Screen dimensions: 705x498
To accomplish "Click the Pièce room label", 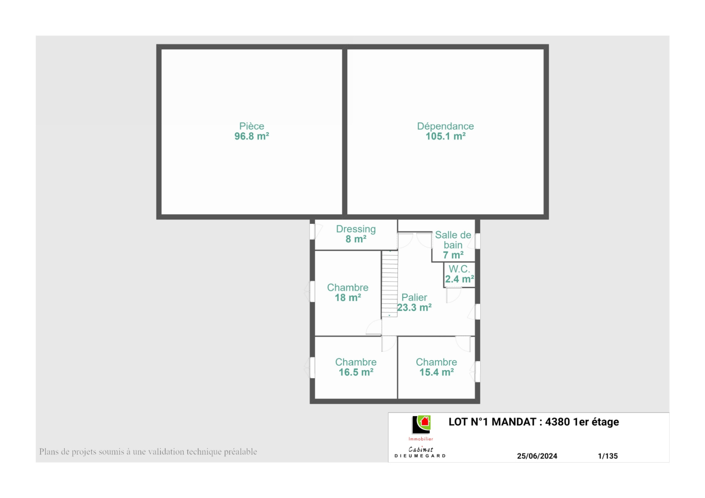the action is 252,126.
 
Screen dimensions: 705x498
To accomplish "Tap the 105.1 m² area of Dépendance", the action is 445,136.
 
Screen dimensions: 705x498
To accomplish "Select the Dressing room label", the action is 356,229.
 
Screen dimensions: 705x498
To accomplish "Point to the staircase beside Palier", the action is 390,284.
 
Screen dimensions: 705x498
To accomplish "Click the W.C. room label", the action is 459,269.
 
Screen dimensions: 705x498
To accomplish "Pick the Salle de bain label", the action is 453,240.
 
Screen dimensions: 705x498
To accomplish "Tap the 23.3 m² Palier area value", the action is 414,308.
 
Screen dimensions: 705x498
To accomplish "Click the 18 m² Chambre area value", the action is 348,297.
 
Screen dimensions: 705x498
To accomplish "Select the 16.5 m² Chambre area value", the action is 356,372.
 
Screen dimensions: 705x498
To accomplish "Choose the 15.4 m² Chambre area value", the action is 437,372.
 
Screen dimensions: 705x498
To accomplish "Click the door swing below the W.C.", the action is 453,295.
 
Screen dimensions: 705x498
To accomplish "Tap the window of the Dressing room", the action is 312,231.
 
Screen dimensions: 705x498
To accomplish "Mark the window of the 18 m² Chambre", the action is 312,291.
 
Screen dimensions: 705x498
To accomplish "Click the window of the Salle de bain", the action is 478,241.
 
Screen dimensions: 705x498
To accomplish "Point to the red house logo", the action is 425,421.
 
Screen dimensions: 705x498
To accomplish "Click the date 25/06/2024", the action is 537,456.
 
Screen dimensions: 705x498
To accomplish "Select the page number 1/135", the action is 608,456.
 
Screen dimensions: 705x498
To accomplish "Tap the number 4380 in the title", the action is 557,422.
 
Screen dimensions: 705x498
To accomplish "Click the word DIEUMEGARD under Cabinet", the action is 420,456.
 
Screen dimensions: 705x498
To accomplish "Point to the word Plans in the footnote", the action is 49,452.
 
